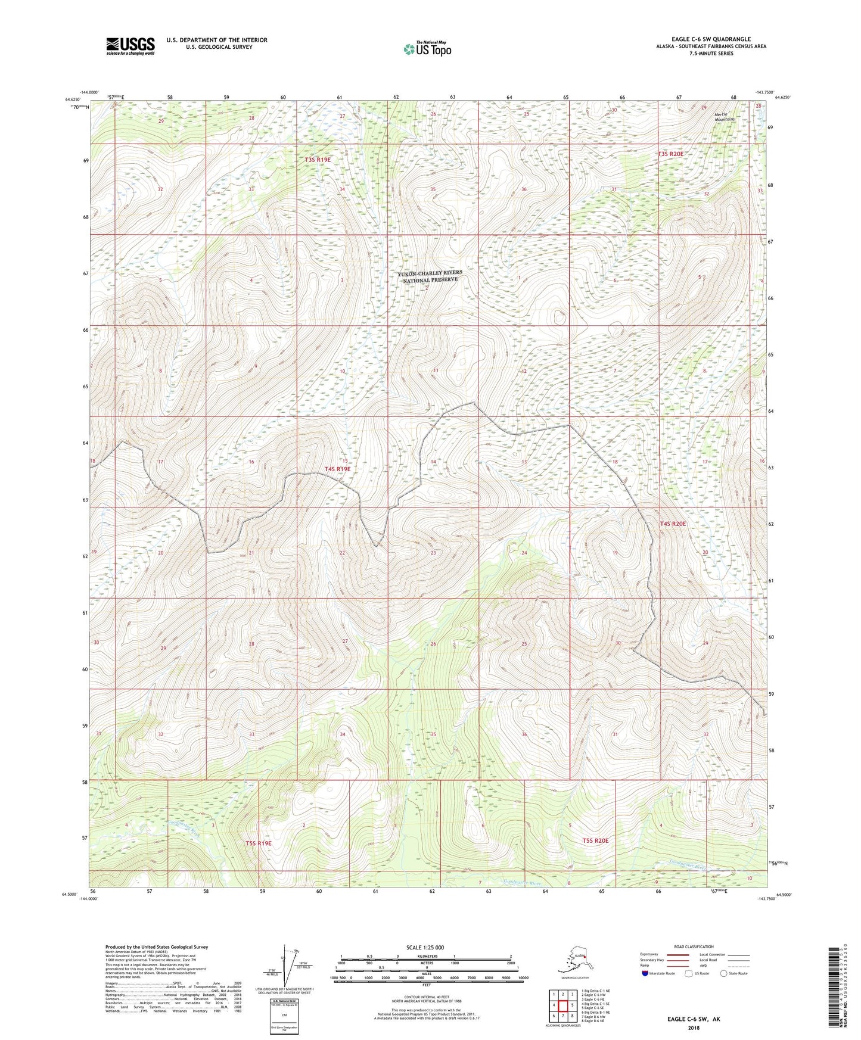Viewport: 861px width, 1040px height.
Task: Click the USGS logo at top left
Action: pos(130,46)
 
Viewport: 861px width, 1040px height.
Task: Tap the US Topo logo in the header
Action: pos(427,49)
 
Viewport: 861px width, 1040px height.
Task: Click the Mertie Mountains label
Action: pos(725,117)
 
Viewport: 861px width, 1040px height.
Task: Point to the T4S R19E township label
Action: pos(338,469)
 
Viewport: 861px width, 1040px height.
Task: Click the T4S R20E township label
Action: pos(673,524)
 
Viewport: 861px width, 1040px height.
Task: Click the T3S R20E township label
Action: pos(670,154)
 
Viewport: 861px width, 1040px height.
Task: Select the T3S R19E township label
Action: pos(318,160)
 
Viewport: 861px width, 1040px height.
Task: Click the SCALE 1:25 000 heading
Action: pos(425,947)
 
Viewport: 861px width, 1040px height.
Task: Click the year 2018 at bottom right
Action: pos(693,1027)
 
